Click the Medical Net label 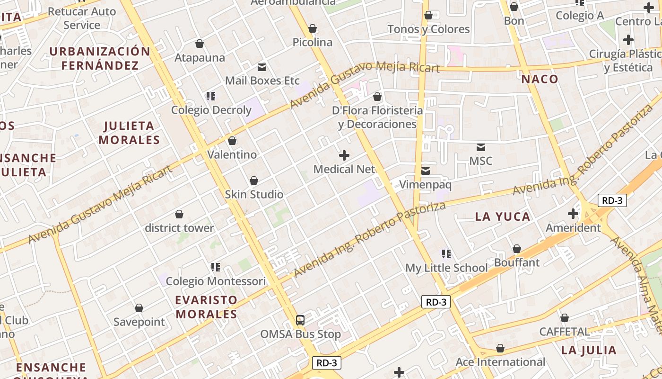click(x=344, y=169)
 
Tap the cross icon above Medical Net click(x=344, y=155)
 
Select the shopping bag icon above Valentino click(x=232, y=141)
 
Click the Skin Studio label click(x=254, y=194)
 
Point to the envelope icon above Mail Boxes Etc click(x=261, y=67)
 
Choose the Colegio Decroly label click(x=211, y=110)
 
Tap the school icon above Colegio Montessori click(x=216, y=267)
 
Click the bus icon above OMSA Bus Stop click(x=300, y=320)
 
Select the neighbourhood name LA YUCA click(x=503, y=217)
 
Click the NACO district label click(x=540, y=79)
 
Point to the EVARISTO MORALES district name click(x=206, y=307)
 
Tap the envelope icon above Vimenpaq click(x=426, y=171)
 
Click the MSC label click(x=480, y=161)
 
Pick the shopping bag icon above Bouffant click(x=517, y=249)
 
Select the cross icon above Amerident click(x=573, y=214)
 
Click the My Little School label click(x=446, y=268)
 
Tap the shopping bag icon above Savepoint click(x=139, y=308)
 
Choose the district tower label click(x=179, y=228)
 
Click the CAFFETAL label click(x=565, y=332)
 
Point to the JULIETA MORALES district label click(x=129, y=133)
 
